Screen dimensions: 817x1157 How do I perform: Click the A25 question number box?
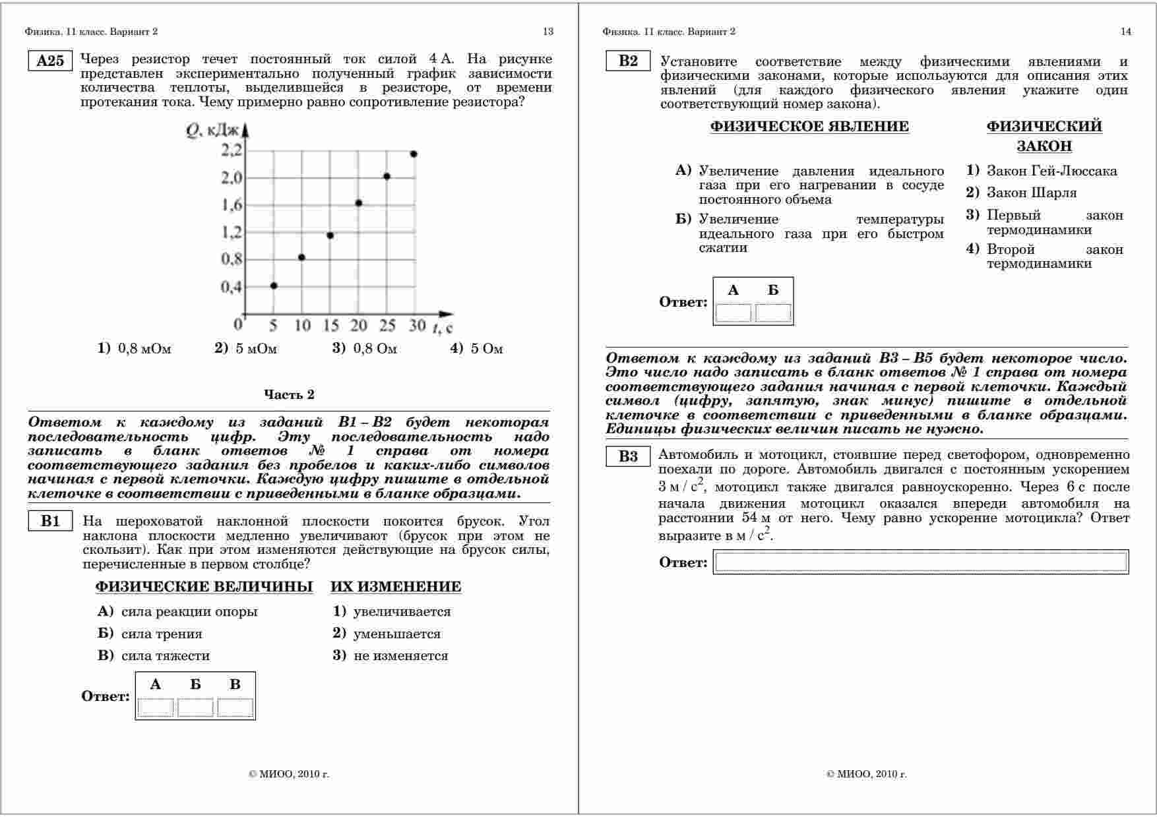pyautogui.click(x=50, y=61)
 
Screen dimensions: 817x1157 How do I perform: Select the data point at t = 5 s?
pyautogui.click(x=274, y=286)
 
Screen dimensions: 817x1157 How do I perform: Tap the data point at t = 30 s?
pyautogui.click(x=414, y=154)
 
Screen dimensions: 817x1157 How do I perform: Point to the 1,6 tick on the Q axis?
pyautogui.click(x=232, y=205)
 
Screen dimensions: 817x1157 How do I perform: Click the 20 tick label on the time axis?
pyautogui.click(x=358, y=326)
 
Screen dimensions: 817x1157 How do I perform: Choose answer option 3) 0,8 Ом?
pyautogui.click(x=365, y=349)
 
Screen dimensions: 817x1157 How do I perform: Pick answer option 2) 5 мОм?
pyautogui.click(x=246, y=349)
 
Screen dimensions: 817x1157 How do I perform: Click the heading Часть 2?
pyautogui.click(x=289, y=394)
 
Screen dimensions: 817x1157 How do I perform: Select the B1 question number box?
pyautogui.click(x=50, y=522)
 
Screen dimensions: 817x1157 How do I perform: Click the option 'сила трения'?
pyautogui.click(x=162, y=634)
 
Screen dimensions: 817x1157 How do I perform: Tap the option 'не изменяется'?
pyautogui.click(x=400, y=655)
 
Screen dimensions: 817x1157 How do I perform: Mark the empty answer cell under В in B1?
pyautogui.click(x=235, y=708)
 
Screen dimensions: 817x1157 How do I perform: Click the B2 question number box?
pyautogui.click(x=628, y=61)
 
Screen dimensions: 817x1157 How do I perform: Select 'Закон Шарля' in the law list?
pyautogui.click(x=1031, y=193)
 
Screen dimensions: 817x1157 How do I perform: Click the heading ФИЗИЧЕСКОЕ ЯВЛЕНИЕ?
pyautogui.click(x=809, y=127)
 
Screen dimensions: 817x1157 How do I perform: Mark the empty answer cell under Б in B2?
pyautogui.click(x=773, y=313)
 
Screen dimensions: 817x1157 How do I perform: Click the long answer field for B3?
pyautogui.click(x=921, y=562)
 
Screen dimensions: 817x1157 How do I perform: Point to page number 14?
pyautogui.click(x=1125, y=32)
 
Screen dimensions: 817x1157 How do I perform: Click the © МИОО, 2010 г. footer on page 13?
pyautogui.click(x=289, y=774)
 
